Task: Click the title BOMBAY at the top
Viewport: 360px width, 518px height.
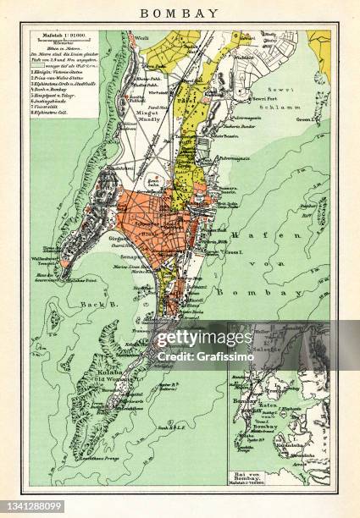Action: [179, 13]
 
